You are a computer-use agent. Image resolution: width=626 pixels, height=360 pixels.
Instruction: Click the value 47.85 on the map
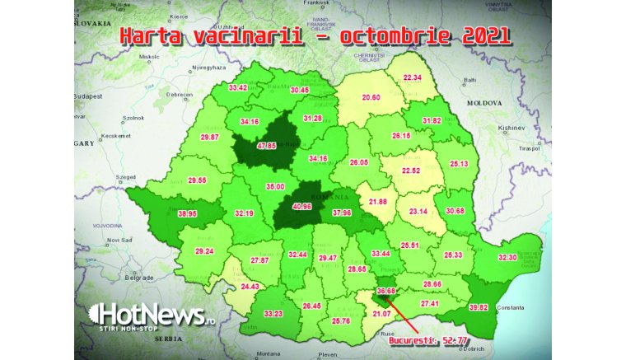(x=266, y=146)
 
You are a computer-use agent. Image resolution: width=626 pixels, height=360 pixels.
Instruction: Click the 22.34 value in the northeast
(x=412, y=77)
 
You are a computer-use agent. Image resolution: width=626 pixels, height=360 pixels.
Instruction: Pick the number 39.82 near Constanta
(x=479, y=307)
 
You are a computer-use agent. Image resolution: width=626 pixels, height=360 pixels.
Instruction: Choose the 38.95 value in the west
(x=188, y=213)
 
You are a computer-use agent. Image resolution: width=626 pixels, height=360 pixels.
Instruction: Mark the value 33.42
(x=238, y=87)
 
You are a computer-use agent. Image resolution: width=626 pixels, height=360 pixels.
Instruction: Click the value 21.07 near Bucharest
(x=383, y=312)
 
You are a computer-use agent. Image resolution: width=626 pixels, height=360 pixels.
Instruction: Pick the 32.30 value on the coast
(x=508, y=258)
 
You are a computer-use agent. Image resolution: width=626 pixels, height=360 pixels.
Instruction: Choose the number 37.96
(x=341, y=213)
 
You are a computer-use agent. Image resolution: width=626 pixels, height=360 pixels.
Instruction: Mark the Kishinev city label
(x=512, y=129)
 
